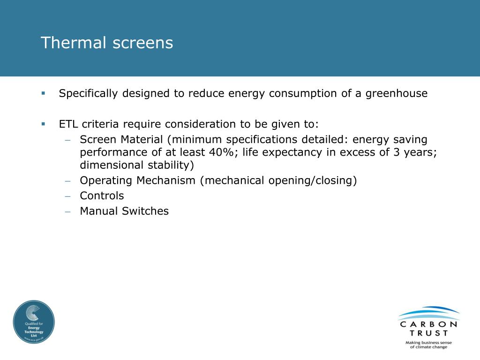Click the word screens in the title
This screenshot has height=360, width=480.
(143, 43)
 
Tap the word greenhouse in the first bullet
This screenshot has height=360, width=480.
(397, 93)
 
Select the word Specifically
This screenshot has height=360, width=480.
(88, 93)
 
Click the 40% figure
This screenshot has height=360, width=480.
(221, 152)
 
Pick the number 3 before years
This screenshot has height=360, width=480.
(397, 152)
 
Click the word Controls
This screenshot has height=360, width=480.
(102, 195)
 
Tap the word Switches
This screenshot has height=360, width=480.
(145, 211)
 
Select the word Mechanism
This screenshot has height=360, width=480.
(166, 180)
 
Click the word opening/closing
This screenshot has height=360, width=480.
(309, 180)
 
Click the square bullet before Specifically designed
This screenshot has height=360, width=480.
(43, 93)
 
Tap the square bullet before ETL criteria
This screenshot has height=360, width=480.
(43, 124)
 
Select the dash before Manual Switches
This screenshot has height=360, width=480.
(67, 211)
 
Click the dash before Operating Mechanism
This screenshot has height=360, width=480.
(67, 180)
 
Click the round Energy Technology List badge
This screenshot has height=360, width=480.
(34, 322)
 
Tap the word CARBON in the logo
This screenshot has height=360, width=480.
(428, 324)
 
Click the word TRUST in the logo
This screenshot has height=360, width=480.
(429, 333)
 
